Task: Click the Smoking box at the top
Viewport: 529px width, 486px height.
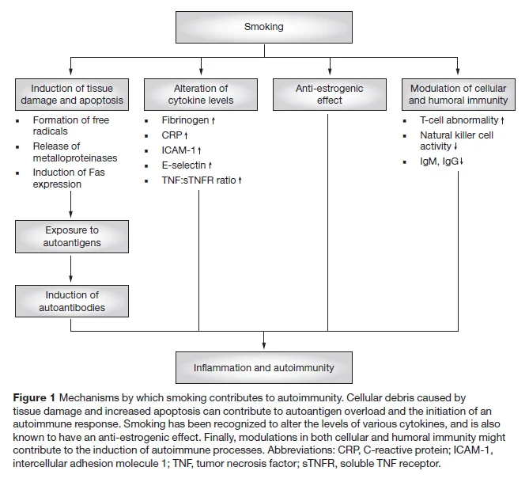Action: click(x=264, y=27)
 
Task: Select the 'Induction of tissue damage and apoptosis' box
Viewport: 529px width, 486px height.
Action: click(x=72, y=94)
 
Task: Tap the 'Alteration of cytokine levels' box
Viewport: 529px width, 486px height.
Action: click(x=201, y=94)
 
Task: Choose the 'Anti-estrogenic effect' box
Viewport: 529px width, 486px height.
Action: click(x=330, y=94)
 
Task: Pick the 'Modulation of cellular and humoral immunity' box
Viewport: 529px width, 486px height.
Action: click(x=459, y=94)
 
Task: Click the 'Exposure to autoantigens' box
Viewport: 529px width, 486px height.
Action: click(x=72, y=237)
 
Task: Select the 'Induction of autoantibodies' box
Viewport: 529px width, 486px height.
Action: click(x=72, y=302)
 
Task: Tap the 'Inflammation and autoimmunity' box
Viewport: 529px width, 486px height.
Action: click(x=264, y=367)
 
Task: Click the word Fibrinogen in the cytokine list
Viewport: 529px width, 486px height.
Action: click(x=185, y=120)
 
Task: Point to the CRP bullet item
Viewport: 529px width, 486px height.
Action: click(x=175, y=135)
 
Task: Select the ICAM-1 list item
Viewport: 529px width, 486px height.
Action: click(x=181, y=150)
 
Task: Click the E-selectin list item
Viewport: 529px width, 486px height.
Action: click(x=187, y=165)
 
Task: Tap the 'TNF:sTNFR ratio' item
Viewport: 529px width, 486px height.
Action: click(x=202, y=180)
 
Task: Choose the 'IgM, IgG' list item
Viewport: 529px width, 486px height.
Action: click(x=441, y=161)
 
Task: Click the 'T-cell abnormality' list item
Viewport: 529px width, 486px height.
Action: click(x=462, y=120)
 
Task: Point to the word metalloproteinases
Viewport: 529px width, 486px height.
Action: click(x=75, y=158)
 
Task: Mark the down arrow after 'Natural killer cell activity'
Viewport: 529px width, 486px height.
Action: click(x=455, y=146)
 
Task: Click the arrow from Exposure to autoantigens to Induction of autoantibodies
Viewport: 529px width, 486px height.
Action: click(x=70, y=269)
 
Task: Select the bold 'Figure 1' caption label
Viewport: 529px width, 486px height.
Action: click(x=34, y=398)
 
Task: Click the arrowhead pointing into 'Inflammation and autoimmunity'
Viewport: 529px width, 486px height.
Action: click(x=264, y=345)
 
